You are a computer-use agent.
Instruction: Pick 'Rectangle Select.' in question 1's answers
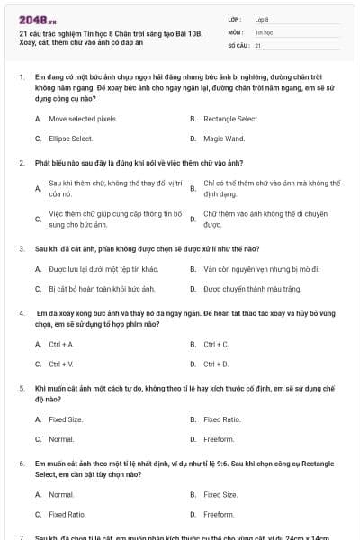[x=231, y=119]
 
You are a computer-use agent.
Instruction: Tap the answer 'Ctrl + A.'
[x=61, y=344]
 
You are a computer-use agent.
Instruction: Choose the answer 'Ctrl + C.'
[x=216, y=344]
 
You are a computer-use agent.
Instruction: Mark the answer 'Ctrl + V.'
[x=61, y=364]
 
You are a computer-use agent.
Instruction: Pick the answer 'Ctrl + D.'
[x=216, y=364]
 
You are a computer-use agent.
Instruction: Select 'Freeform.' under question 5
[x=219, y=439]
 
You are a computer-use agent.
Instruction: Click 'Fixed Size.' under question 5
[x=66, y=419]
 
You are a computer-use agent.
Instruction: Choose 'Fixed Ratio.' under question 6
[x=67, y=514]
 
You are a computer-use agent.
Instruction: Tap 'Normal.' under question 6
[x=61, y=494]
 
